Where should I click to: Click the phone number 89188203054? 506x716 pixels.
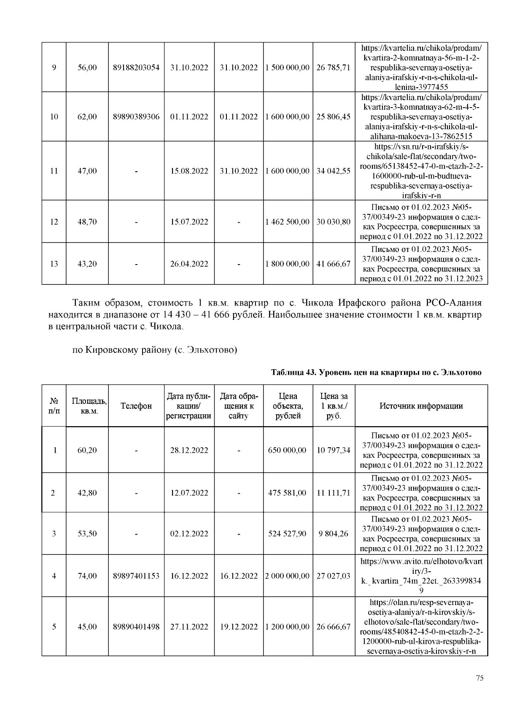click(136, 68)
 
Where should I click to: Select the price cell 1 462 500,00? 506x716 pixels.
click(287, 222)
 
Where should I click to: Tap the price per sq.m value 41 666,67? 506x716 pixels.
click(333, 264)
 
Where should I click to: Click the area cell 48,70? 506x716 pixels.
click(87, 222)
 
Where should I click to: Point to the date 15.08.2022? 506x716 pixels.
click(189, 171)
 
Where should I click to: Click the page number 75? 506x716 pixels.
click(479, 678)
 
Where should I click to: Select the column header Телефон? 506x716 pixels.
click(136, 406)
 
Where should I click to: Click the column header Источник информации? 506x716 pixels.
click(421, 406)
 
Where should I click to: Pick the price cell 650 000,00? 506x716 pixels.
click(287, 450)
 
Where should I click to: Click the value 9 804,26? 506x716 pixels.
click(333, 534)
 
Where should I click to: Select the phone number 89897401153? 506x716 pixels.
click(136, 576)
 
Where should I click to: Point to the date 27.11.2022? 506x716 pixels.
click(189, 627)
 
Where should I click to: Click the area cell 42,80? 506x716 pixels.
click(87, 493)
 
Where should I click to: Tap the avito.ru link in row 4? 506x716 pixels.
click(421, 576)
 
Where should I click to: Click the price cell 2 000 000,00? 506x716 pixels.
click(287, 576)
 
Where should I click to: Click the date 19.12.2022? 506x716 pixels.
click(239, 627)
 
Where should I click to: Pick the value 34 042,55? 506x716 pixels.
click(333, 171)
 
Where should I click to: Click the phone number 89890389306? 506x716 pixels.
click(136, 116)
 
